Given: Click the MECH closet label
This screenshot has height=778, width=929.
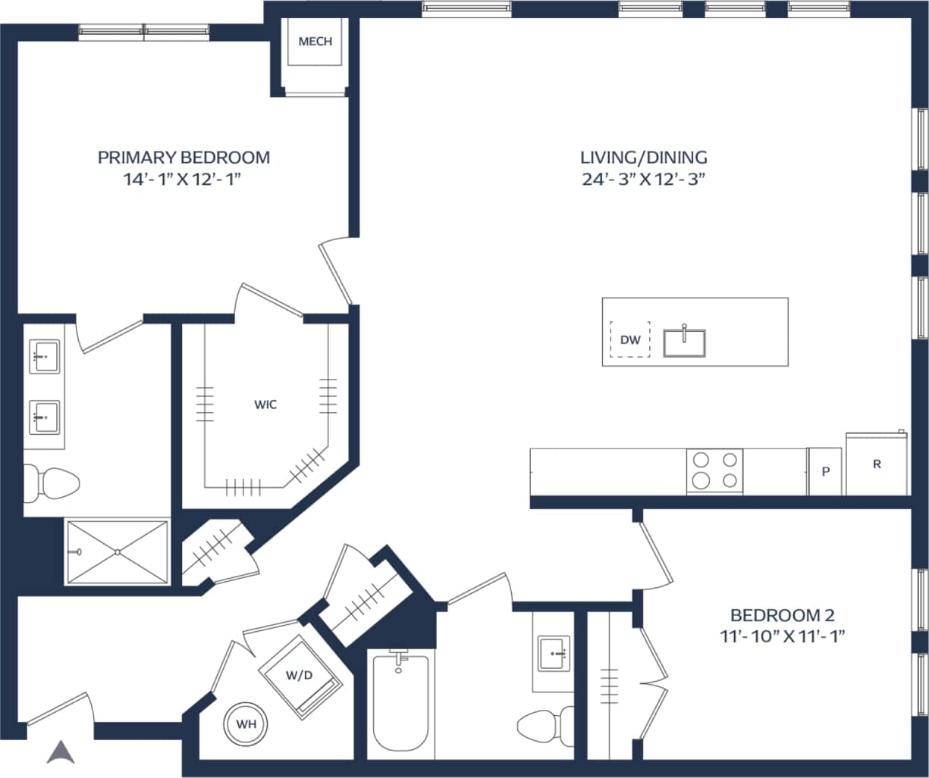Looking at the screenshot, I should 315,42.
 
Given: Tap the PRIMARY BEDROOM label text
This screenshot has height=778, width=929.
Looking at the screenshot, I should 184,158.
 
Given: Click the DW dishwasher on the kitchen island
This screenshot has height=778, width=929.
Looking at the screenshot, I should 630,340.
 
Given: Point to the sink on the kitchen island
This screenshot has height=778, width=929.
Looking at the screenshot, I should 684,342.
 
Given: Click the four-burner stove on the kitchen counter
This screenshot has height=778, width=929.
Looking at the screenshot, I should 714,470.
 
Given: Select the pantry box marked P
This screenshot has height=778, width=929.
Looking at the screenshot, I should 825,471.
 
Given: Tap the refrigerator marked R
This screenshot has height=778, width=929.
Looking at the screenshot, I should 877,464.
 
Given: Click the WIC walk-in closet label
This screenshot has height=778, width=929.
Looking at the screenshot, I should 265,405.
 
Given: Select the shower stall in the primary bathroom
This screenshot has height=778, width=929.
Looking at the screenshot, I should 118,551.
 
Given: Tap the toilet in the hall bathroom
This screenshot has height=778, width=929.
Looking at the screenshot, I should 546,727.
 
